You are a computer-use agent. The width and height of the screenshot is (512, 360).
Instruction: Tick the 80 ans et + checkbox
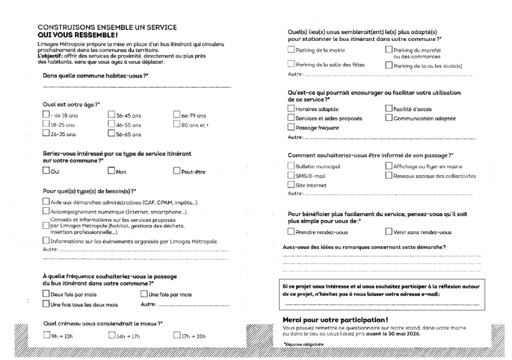[177, 125]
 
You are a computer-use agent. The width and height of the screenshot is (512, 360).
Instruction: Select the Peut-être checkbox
[177, 170]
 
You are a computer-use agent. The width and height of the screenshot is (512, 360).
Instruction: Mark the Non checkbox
[111, 170]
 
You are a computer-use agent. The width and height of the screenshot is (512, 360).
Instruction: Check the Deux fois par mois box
[46, 294]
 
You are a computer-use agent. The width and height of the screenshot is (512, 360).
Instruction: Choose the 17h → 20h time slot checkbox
[177, 335]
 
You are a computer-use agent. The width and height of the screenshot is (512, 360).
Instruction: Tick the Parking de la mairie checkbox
[292, 49]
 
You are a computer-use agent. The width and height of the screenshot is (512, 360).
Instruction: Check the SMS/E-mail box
[292, 175]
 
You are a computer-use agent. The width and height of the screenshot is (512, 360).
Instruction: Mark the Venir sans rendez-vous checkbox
[388, 231]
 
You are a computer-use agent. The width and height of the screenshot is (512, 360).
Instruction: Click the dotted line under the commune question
[134, 85]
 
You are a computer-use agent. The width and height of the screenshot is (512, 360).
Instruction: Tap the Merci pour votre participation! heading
[335, 319]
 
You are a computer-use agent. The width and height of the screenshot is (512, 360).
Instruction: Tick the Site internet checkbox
[292, 185]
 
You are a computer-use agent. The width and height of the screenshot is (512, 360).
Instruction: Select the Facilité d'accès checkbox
[388, 109]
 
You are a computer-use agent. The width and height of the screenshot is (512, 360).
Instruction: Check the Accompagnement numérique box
[46, 211]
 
